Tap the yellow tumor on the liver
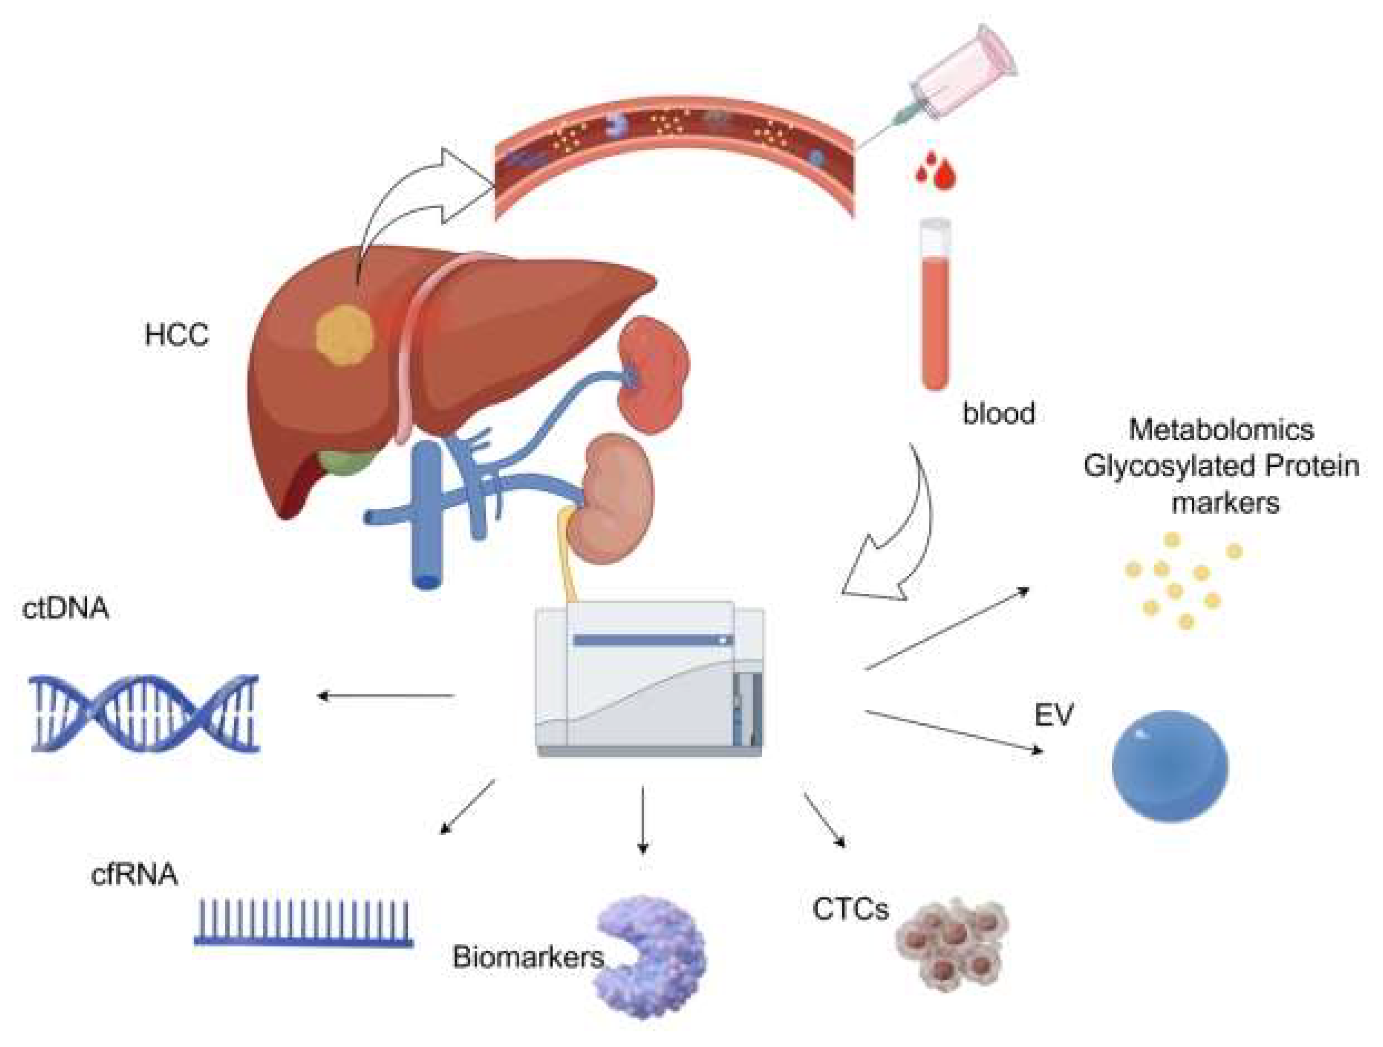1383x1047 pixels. [x=344, y=336]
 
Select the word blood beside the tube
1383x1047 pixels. [x=998, y=414]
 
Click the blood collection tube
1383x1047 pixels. [x=936, y=306]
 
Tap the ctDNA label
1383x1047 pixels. [x=66, y=608]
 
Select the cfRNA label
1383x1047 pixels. [x=134, y=874]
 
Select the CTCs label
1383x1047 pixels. [x=850, y=910]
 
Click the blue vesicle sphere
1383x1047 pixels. [x=1170, y=765]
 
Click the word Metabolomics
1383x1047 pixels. [x=1221, y=430]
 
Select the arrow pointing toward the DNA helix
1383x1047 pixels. [x=386, y=695]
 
